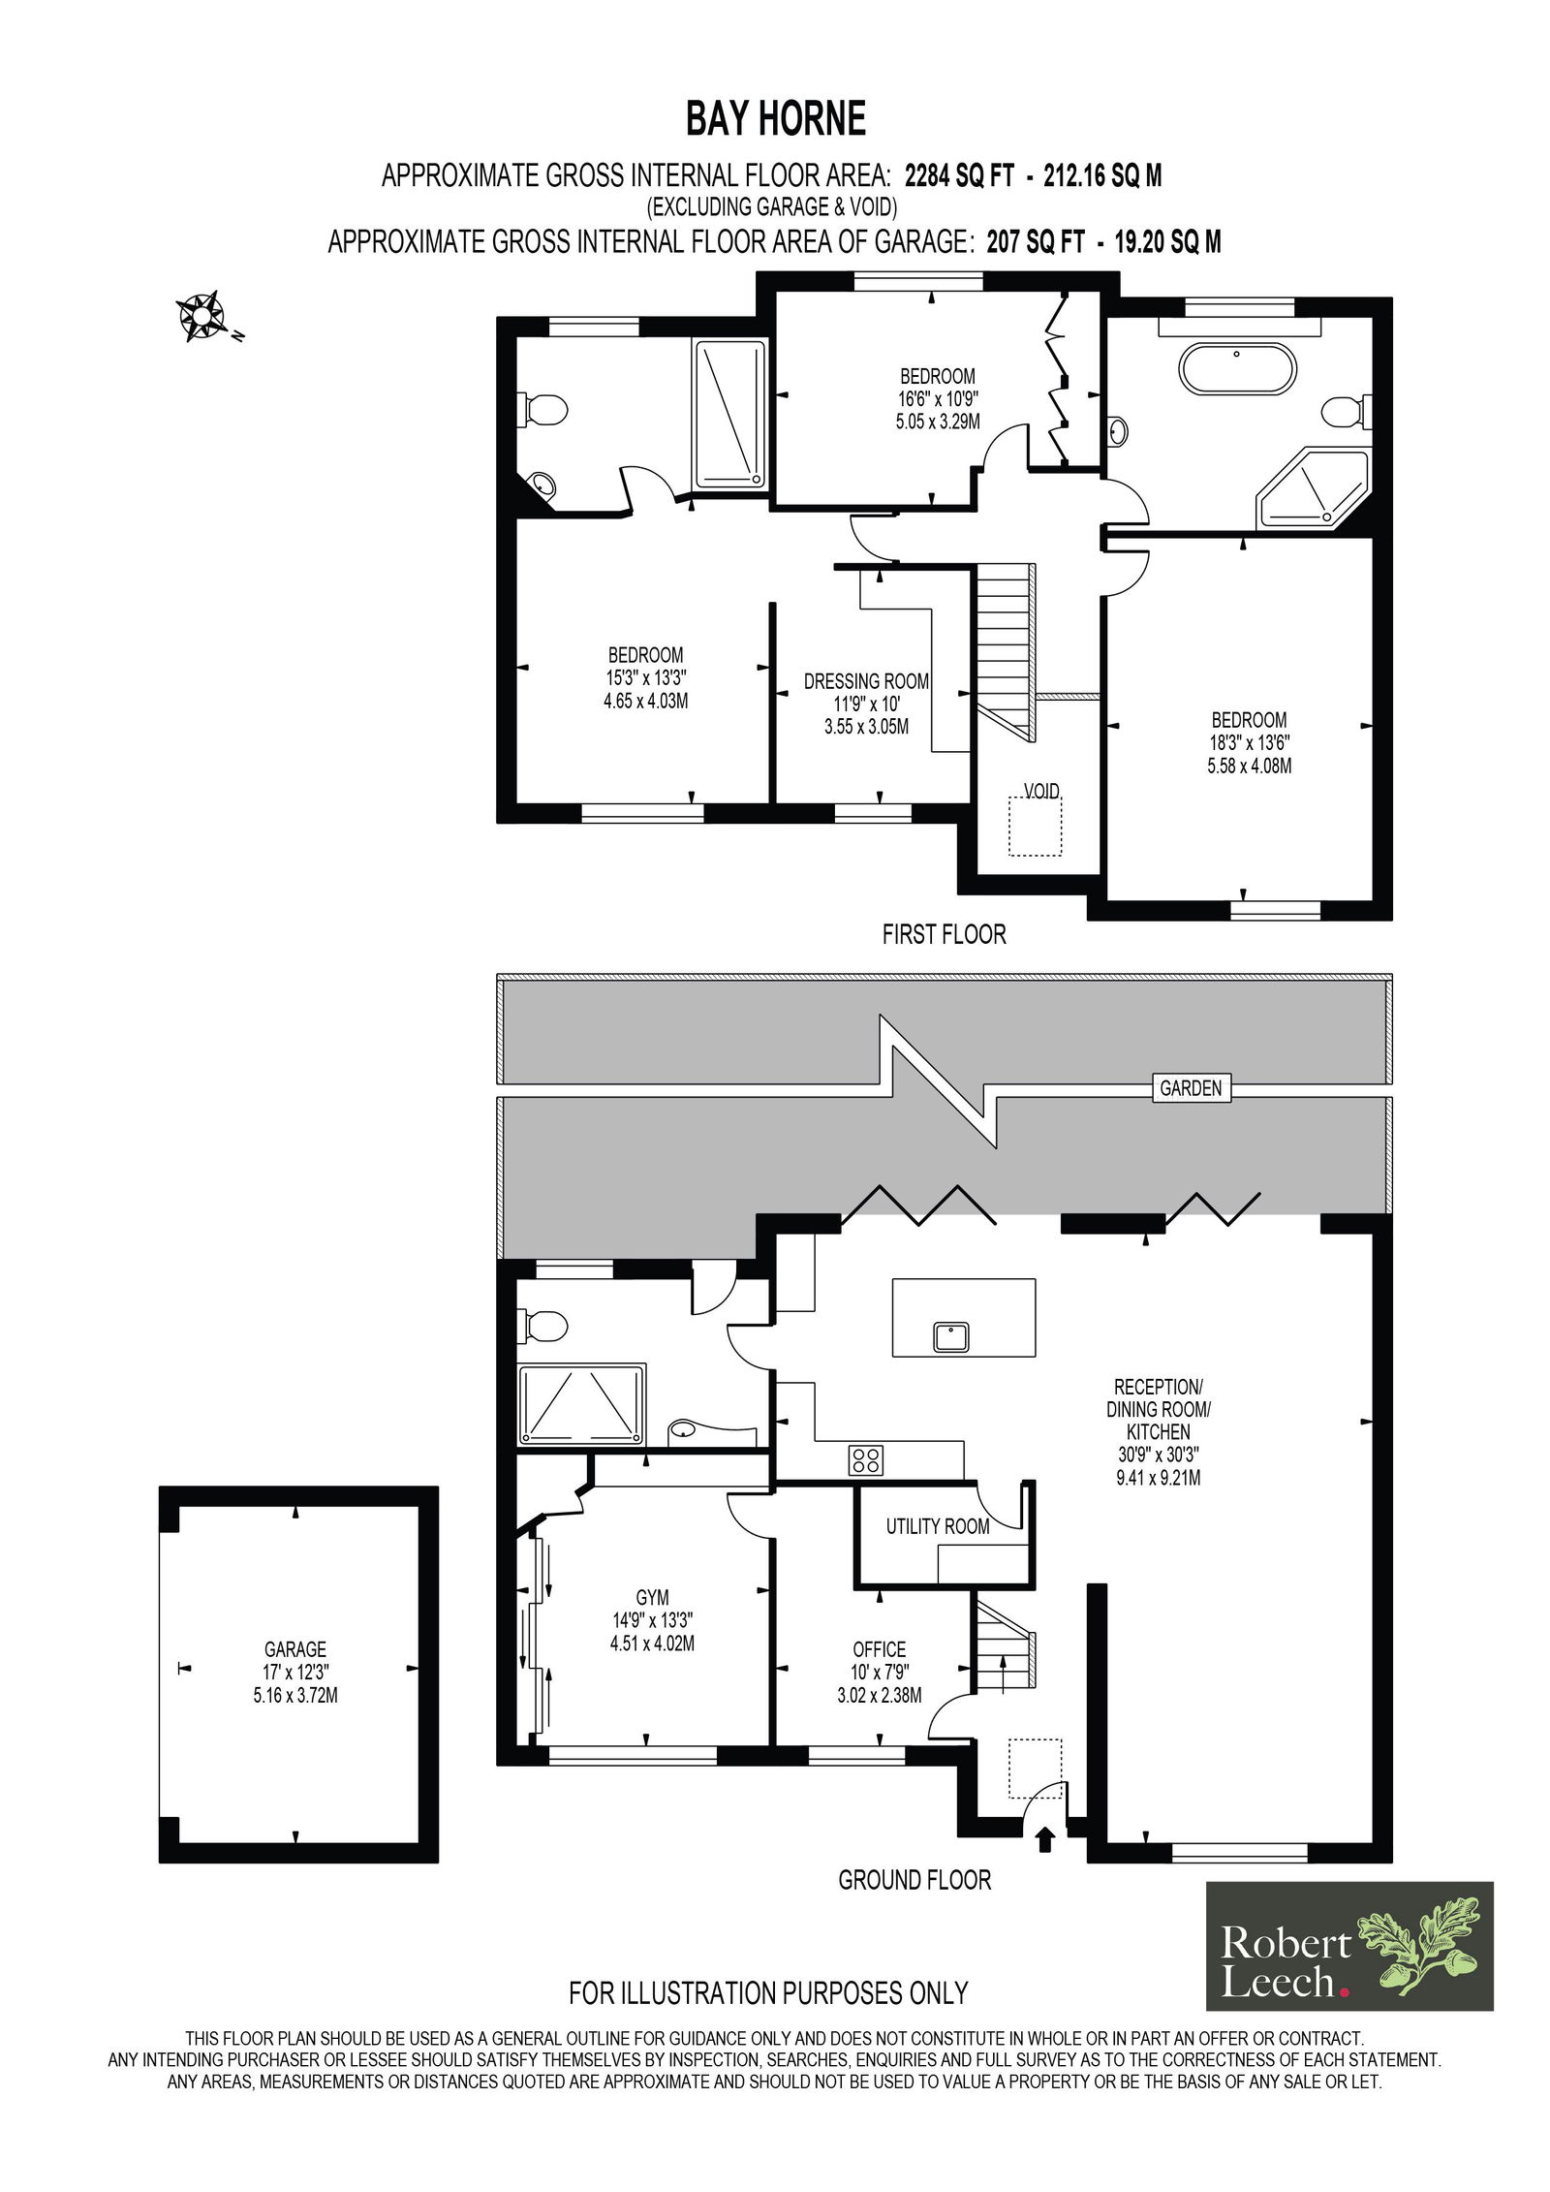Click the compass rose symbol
coord(201,315)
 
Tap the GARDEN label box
coord(1191,1088)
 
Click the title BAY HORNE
coord(776,119)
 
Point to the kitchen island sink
coord(951,1336)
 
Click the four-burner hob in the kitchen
coord(865,1459)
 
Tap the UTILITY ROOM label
coord(938,1526)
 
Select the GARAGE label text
coord(295,1648)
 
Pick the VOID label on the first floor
coord(1041,791)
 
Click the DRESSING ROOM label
coord(866,681)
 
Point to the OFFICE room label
coord(880,1648)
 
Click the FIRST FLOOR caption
coord(945,934)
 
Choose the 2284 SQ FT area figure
coord(959,175)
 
